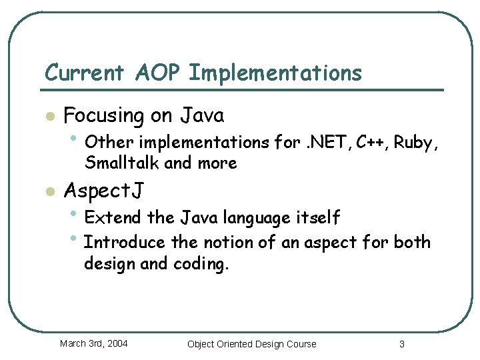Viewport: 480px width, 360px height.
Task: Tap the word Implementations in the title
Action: [x=275, y=73]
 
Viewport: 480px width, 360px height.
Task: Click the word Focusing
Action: [x=103, y=116]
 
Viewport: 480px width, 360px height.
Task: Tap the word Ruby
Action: [x=415, y=143]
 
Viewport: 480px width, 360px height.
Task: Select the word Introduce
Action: [x=125, y=243]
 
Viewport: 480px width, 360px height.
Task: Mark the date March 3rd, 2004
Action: [x=94, y=344]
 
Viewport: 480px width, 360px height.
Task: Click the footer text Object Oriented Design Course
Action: [x=251, y=344]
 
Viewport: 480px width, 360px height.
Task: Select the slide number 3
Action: [x=401, y=344]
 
